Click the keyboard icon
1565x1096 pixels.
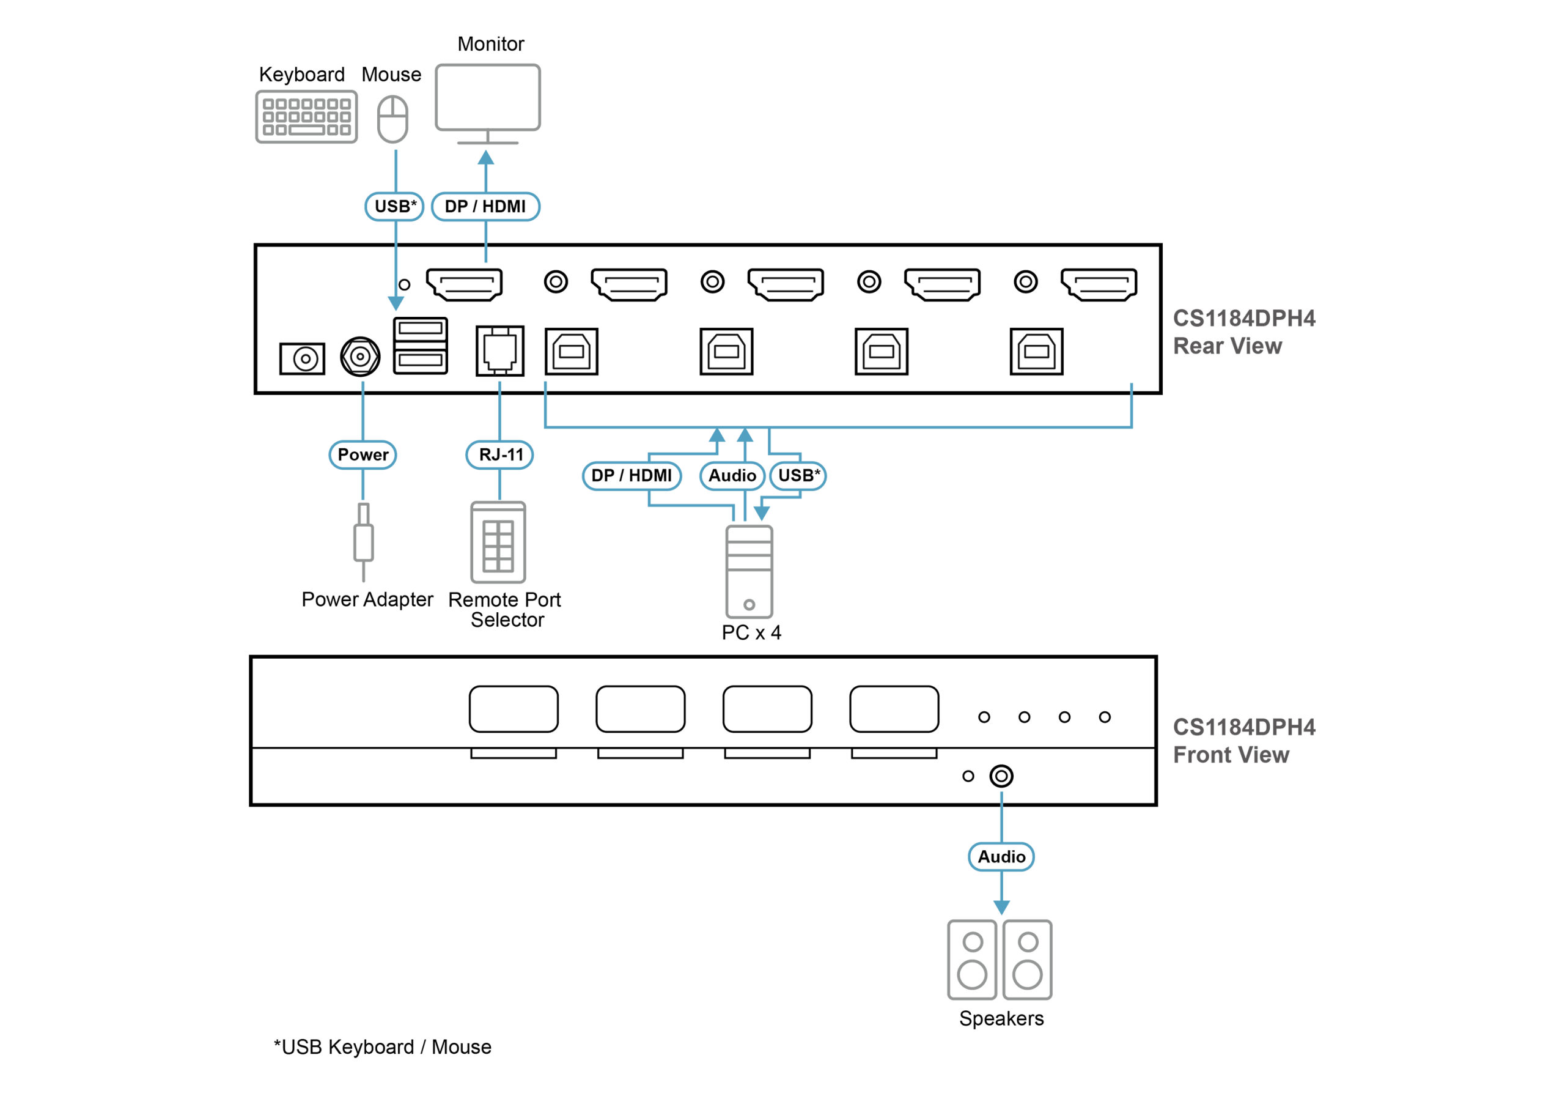(306, 117)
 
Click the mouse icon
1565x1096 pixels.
(392, 119)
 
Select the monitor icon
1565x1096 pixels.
(487, 99)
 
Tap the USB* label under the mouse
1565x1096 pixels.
(395, 207)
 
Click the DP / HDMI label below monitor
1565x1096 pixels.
(485, 207)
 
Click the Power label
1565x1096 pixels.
(363, 455)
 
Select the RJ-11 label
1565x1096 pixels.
(499, 455)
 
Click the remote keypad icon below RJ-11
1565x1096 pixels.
(498, 542)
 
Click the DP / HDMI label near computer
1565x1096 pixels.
(631, 476)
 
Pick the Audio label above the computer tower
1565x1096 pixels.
(731, 476)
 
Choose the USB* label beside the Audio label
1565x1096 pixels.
(798, 476)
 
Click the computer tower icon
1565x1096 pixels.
(749, 571)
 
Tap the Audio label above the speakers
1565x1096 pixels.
(1001, 857)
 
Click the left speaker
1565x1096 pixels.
(972, 960)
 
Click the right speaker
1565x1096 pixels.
(1028, 960)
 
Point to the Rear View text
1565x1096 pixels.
(1227, 346)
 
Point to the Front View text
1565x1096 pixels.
(1231, 755)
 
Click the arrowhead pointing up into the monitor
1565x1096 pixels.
(485, 158)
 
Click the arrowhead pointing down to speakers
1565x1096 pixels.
(1001, 908)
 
